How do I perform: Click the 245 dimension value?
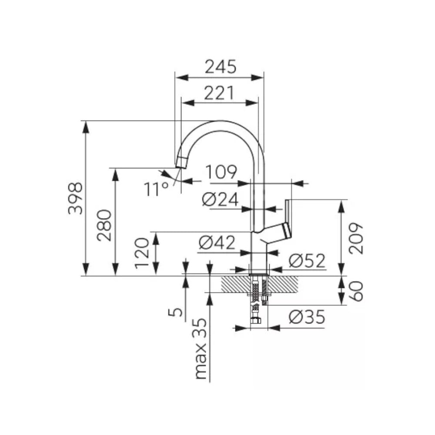click(x=221, y=67)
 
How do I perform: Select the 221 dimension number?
click(x=219, y=93)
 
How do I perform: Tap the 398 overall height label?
click(x=75, y=198)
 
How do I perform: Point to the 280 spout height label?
click(x=104, y=225)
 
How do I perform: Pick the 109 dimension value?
click(x=221, y=172)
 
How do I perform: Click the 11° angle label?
click(x=156, y=189)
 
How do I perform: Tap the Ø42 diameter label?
click(x=217, y=242)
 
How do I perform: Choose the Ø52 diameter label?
click(x=307, y=261)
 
